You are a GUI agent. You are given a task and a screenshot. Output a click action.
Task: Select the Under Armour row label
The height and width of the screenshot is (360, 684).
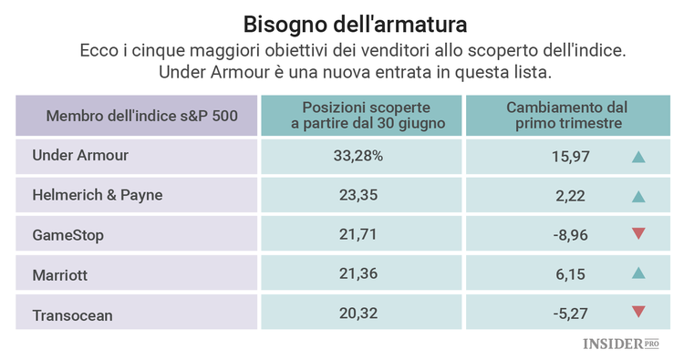tap(80, 156)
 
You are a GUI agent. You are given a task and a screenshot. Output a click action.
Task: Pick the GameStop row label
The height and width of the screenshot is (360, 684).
tap(67, 235)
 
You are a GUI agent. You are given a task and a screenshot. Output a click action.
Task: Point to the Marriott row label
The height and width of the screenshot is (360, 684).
tap(61, 274)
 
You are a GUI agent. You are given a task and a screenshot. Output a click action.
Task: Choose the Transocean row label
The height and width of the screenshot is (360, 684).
tap(74, 314)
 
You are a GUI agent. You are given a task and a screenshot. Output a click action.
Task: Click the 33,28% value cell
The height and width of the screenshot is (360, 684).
tap(358, 156)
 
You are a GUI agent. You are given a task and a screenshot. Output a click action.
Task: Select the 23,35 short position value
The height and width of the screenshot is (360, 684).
tap(358, 195)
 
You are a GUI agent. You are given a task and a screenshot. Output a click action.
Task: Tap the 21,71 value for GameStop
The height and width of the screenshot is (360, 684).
tap(358, 235)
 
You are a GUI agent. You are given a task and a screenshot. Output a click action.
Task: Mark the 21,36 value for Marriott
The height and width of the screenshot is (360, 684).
tap(358, 274)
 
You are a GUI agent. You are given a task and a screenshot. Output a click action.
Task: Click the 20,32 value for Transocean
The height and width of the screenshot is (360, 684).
tap(358, 314)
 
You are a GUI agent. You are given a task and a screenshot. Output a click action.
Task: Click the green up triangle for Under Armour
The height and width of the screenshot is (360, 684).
tap(638, 157)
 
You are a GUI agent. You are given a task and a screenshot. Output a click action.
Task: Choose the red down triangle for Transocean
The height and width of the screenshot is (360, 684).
tap(638, 314)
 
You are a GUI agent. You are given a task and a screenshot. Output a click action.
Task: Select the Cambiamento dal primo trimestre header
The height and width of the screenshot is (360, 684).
tap(566, 115)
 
